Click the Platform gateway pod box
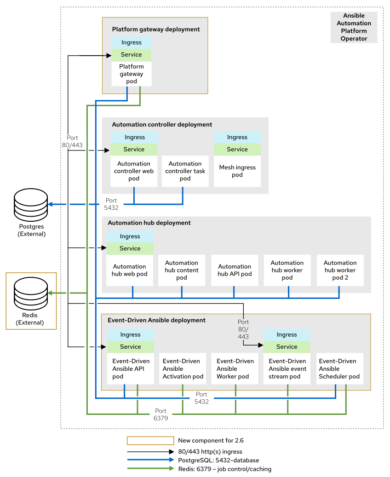tap(132, 74)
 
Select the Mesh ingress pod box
tap(237, 171)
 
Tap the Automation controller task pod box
tap(185, 171)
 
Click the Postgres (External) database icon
tap(31, 204)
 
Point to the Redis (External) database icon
tap(31, 293)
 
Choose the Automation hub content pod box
tap(182, 270)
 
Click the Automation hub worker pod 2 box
tap(340, 270)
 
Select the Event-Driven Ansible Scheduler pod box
tap(339, 369)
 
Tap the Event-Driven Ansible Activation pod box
tap(183, 369)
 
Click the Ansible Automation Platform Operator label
tap(354, 27)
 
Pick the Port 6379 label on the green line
tap(161, 414)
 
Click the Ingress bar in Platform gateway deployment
tap(132, 42)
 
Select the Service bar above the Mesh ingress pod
tap(237, 149)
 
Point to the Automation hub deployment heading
tap(149, 223)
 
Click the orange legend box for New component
tap(150, 441)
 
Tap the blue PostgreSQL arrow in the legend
tap(150, 460)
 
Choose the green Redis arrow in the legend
tap(150, 469)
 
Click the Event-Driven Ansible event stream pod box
tap(287, 369)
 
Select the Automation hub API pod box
tap(235, 270)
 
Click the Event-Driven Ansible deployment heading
tap(156, 320)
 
